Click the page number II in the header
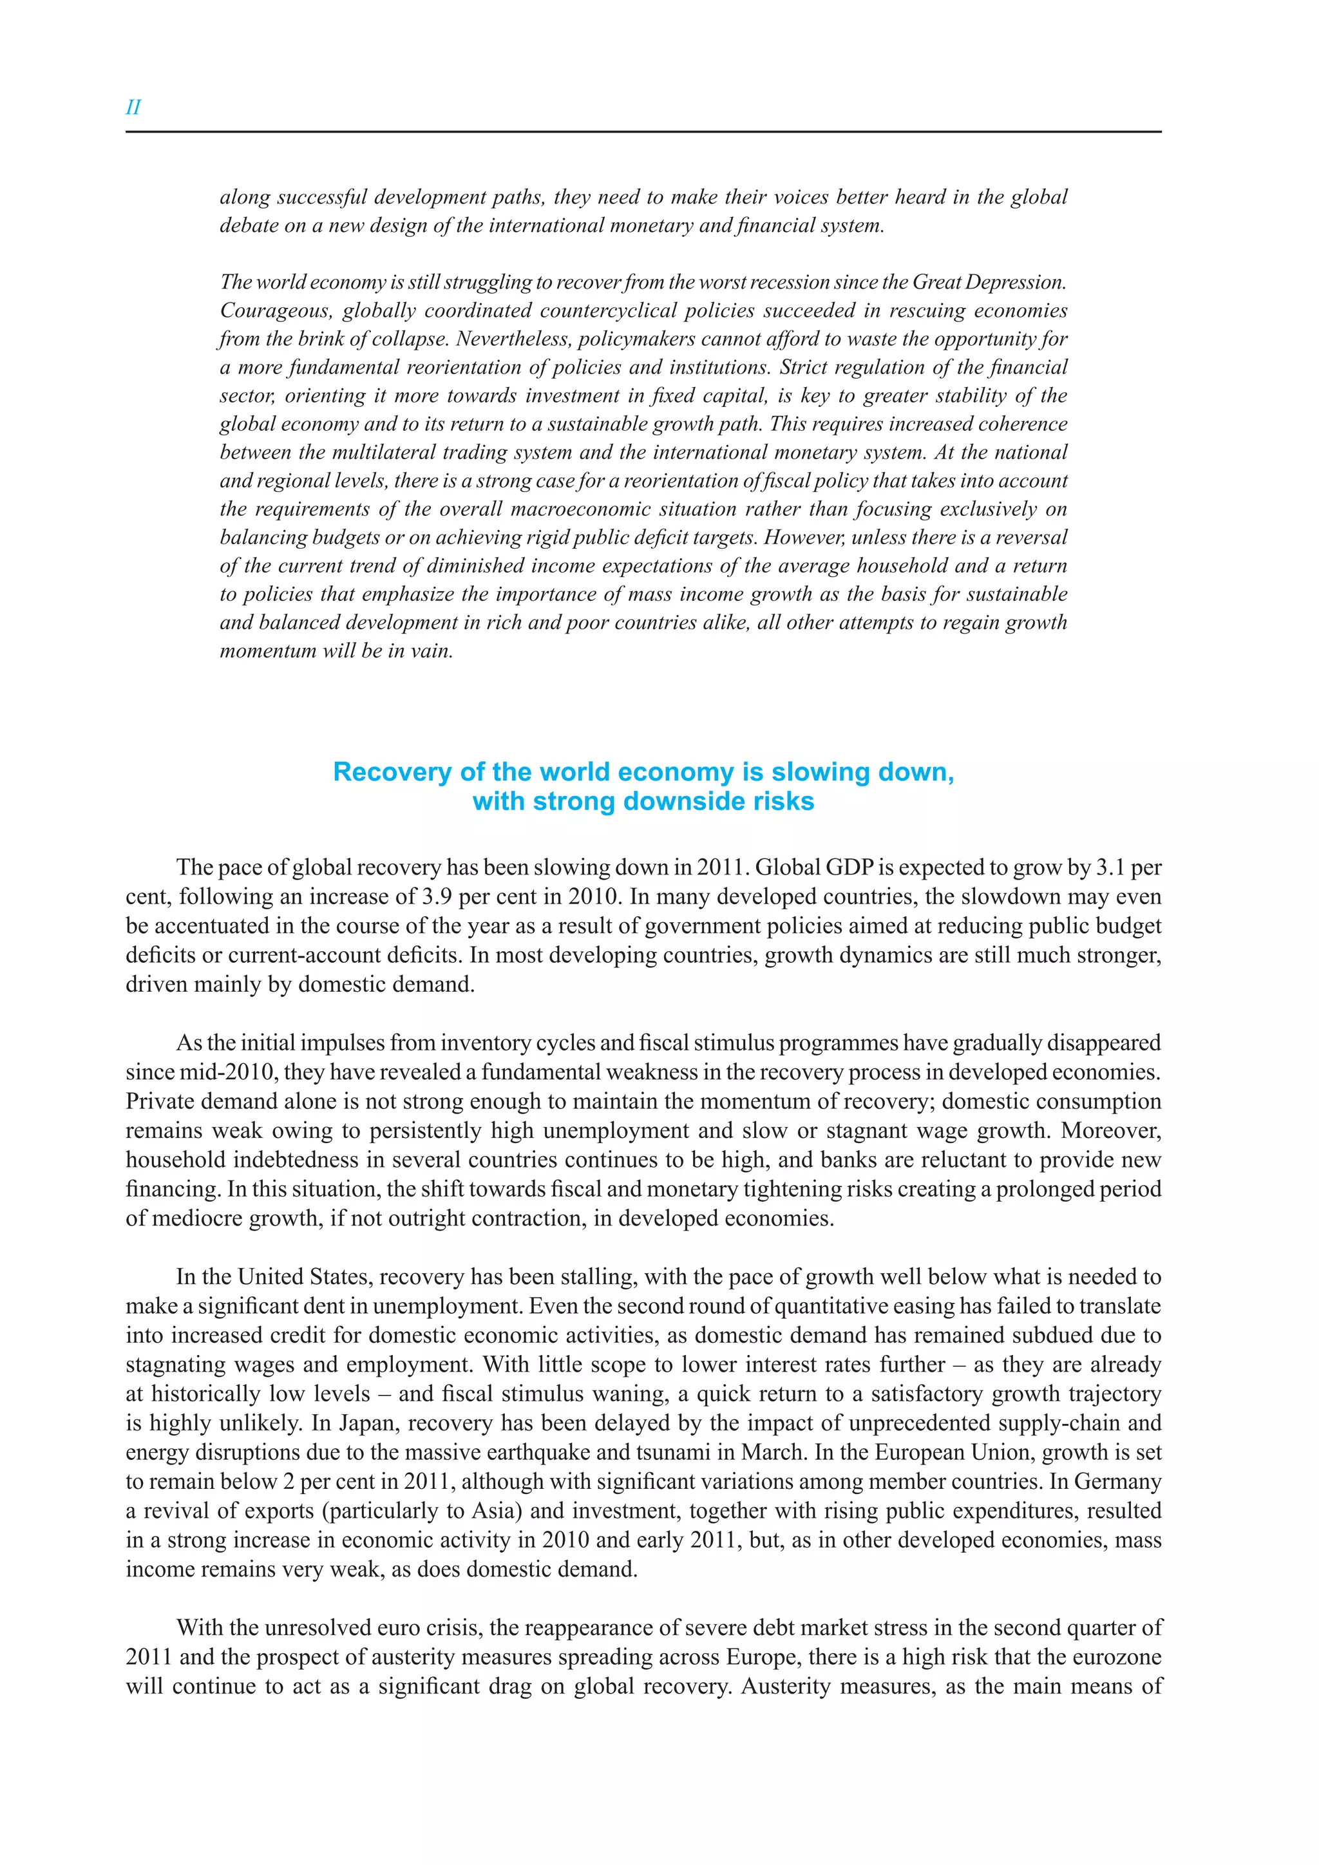pos(133,107)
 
